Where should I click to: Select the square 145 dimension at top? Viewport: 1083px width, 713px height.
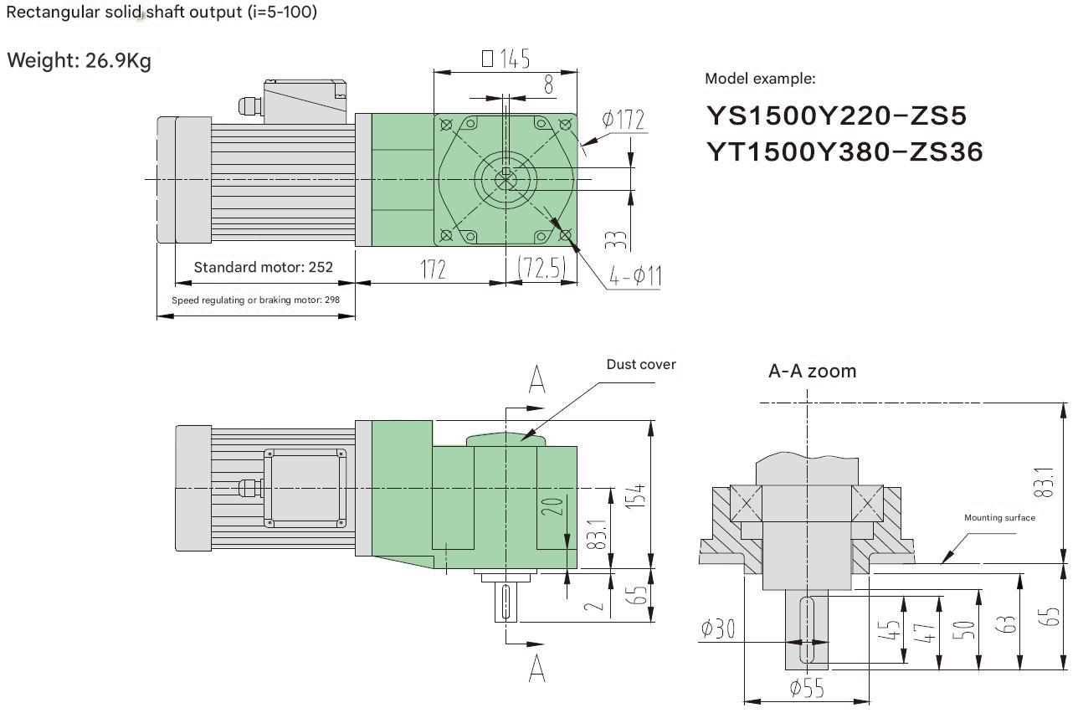coord(506,59)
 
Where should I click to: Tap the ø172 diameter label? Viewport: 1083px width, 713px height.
coord(624,121)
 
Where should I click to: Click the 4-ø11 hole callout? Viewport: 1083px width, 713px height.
coord(635,276)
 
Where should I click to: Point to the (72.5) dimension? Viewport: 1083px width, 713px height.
coord(541,268)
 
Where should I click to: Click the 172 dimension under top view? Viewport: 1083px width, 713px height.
coord(433,269)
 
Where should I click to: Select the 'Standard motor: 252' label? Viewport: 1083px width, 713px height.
coord(263,268)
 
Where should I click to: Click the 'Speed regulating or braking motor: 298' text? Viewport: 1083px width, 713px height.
coord(256,300)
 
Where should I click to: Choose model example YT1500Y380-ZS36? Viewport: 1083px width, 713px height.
coord(844,151)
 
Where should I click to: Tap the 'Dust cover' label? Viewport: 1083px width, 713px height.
coord(641,364)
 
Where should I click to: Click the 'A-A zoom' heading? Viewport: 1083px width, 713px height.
coord(812,371)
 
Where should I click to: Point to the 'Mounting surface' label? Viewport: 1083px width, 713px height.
coord(999,518)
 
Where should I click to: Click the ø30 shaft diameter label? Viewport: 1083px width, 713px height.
coord(719,628)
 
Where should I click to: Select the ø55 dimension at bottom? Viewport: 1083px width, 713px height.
coord(806,689)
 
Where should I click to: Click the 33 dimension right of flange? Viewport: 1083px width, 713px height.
coord(615,240)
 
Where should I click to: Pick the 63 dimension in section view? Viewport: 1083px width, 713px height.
coord(1009,623)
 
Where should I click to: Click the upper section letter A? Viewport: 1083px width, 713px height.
coord(537,380)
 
